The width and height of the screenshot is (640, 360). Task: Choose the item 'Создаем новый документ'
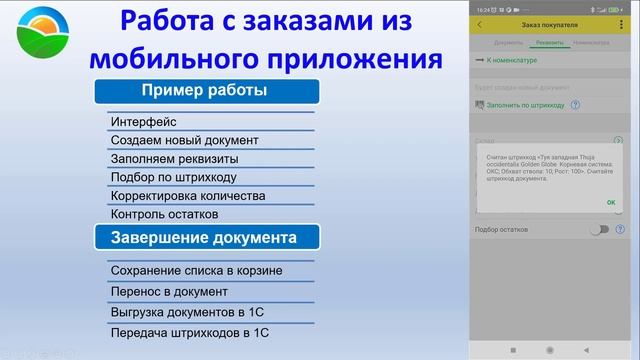[185, 141]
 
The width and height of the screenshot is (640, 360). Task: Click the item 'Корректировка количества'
[188, 196]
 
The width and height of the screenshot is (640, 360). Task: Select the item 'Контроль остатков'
[165, 214]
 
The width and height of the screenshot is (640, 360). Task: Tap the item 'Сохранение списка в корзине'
[196, 270]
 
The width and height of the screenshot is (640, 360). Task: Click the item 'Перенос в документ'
[169, 292]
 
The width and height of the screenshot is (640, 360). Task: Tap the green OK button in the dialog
[610, 202]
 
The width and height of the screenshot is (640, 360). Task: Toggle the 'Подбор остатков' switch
[599, 230]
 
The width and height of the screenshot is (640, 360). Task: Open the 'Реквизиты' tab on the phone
[550, 42]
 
